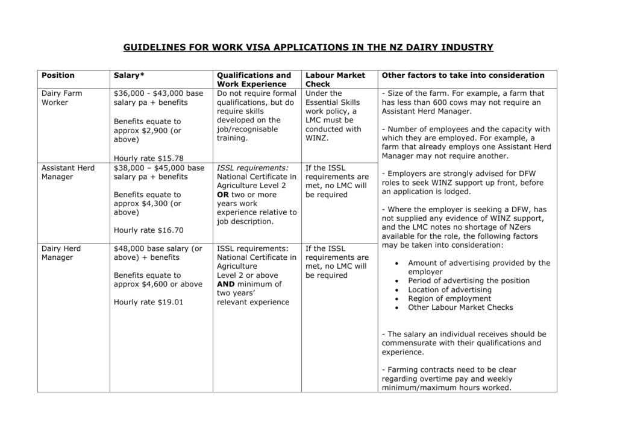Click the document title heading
coord(308,47)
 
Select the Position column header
coord(58,75)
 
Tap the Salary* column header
coord(129,75)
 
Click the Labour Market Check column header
coord(335,80)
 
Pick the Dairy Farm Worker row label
coord(61,98)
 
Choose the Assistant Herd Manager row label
coord(67,172)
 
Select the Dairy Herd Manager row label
coord(61,253)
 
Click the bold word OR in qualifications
coord(223,195)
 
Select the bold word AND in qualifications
coord(225,285)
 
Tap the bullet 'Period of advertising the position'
coord(469,281)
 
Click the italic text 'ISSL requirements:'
coord(252,168)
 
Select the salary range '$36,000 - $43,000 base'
coord(158,93)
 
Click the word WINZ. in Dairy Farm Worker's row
coord(317,138)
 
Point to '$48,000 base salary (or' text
coord(158,248)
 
